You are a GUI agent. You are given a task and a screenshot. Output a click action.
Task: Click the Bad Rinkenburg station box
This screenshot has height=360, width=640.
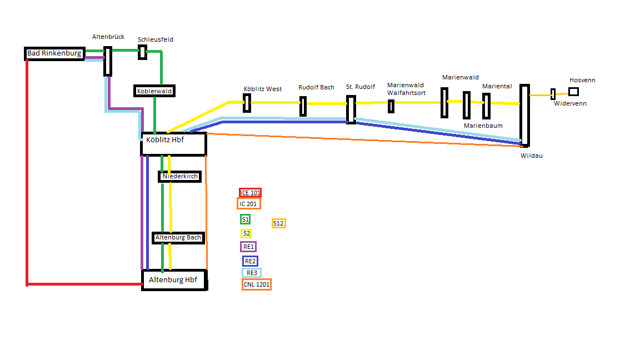point(54,54)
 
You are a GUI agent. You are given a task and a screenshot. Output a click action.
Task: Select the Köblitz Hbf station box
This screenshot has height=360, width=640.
point(174,144)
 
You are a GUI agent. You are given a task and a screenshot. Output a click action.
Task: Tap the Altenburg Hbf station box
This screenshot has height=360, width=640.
point(174,280)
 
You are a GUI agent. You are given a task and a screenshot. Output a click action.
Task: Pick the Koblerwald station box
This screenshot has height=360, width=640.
point(154,91)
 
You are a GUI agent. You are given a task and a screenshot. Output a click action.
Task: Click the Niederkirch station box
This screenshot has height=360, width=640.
point(179,176)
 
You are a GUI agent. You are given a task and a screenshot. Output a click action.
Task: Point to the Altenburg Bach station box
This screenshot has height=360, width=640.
point(178,238)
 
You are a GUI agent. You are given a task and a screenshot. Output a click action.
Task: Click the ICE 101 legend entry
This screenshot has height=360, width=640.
point(250,193)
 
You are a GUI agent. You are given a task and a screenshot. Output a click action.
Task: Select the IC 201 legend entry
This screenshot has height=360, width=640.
point(248,204)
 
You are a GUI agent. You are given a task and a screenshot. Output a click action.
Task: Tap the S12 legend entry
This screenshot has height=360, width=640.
point(278,223)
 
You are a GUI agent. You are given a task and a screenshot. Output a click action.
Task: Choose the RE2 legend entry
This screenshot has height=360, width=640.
point(250,261)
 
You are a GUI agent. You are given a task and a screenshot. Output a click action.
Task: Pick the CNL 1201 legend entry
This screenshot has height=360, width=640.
point(257,284)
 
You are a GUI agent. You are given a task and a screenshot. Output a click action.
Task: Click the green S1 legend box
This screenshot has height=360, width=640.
point(245,219)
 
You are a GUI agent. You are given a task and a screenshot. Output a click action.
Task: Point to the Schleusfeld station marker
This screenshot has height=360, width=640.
point(143,52)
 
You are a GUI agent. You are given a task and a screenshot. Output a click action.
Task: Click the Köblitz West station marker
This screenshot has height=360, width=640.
point(247,103)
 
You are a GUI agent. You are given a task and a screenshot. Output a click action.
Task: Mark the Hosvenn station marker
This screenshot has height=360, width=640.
point(573,92)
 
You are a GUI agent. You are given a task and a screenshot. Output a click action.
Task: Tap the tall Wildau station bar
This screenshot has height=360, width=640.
point(524,115)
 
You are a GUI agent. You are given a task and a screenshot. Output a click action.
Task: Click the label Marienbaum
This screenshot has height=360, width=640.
point(483,126)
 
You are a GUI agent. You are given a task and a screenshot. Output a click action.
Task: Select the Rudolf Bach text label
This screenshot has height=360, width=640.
point(316,87)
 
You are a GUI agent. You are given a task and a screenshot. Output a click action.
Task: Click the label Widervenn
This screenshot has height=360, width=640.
point(570,104)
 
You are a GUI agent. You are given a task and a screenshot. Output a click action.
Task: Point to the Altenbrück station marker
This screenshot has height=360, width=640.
point(108,61)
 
